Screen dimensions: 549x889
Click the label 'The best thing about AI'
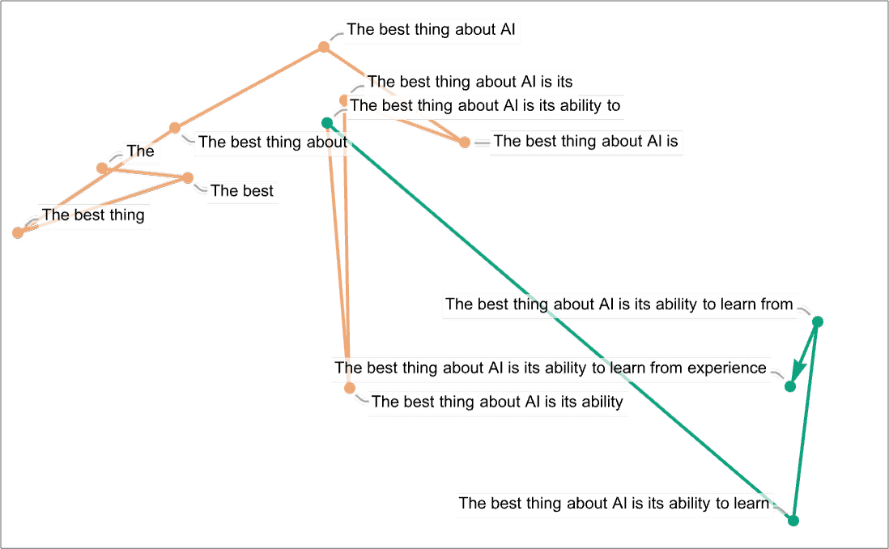(x=432, y=31)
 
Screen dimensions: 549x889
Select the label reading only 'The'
(x=140, y=151)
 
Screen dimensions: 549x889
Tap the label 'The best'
(x=242, y=192)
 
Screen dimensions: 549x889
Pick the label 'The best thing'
(x=93, y=215)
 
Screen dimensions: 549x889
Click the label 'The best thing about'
(x=272, y=142)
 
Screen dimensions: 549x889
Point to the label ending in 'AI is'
(x=585, y=141)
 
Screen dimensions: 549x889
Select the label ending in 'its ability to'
(x=485, y=105)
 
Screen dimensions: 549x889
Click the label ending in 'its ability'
(x=498, y=402)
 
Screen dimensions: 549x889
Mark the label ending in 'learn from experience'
(x=550, y=368)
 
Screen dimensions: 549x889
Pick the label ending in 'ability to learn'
(x=613, y=503)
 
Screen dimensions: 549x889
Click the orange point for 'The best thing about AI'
(x=324, y=48)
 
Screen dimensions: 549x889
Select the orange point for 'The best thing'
(x=19, y=233)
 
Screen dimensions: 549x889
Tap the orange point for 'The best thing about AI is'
(x=464, y=143)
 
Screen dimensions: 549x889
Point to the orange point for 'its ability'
(x=350, y=388)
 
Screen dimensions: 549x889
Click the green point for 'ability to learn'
(x=793, y=520)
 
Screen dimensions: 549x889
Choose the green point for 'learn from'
(x=818, y=322)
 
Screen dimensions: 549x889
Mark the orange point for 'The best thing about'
(x=175, y=128)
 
